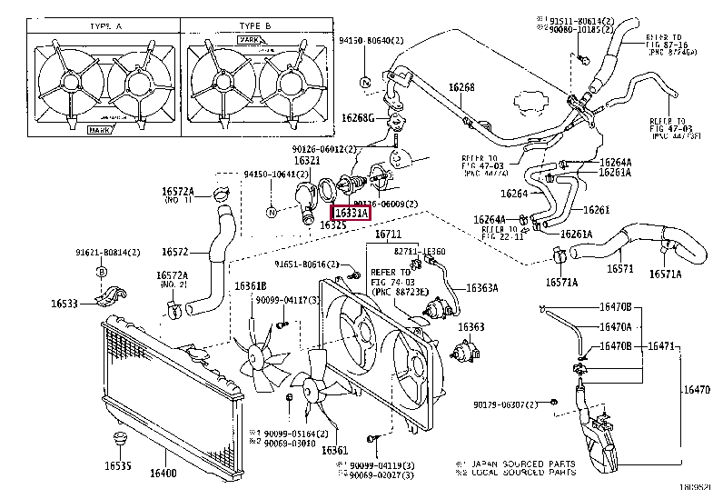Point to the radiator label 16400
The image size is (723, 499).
pyautogui.click(x=163, y=474)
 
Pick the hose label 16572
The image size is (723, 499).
pyautogui.click(x=175, y=252)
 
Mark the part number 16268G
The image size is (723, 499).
pyautogui.click(x=358, y=118)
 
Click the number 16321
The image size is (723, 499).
pyautogui.click(x=306, y=161)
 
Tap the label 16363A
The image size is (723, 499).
pyautogui.click(x=482, y=288)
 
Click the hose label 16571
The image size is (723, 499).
pyautogui.click(x=620, y=268)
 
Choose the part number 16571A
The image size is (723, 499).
pyautogui.click(x=561, y=283)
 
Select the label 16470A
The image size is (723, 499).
pyautogui.click(x=615, y=326)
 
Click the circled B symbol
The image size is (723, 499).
pyautogui.click(x=102, y=271)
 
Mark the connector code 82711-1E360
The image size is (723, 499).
pyautogui.click(x=421, y=252)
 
